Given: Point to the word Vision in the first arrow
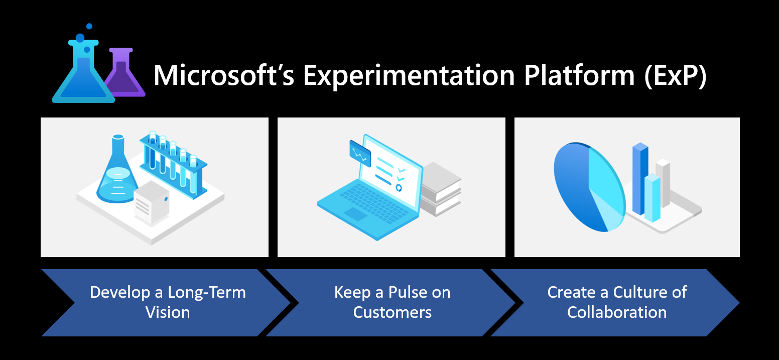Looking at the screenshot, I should (x=168, y=312).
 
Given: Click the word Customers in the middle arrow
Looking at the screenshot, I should (x=392, y=312).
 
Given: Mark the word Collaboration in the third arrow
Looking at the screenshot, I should (x=617, y=312).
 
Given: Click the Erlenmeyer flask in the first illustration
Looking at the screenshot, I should (x=117, y=176).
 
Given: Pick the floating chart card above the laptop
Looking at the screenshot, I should (x=360, y=153).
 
